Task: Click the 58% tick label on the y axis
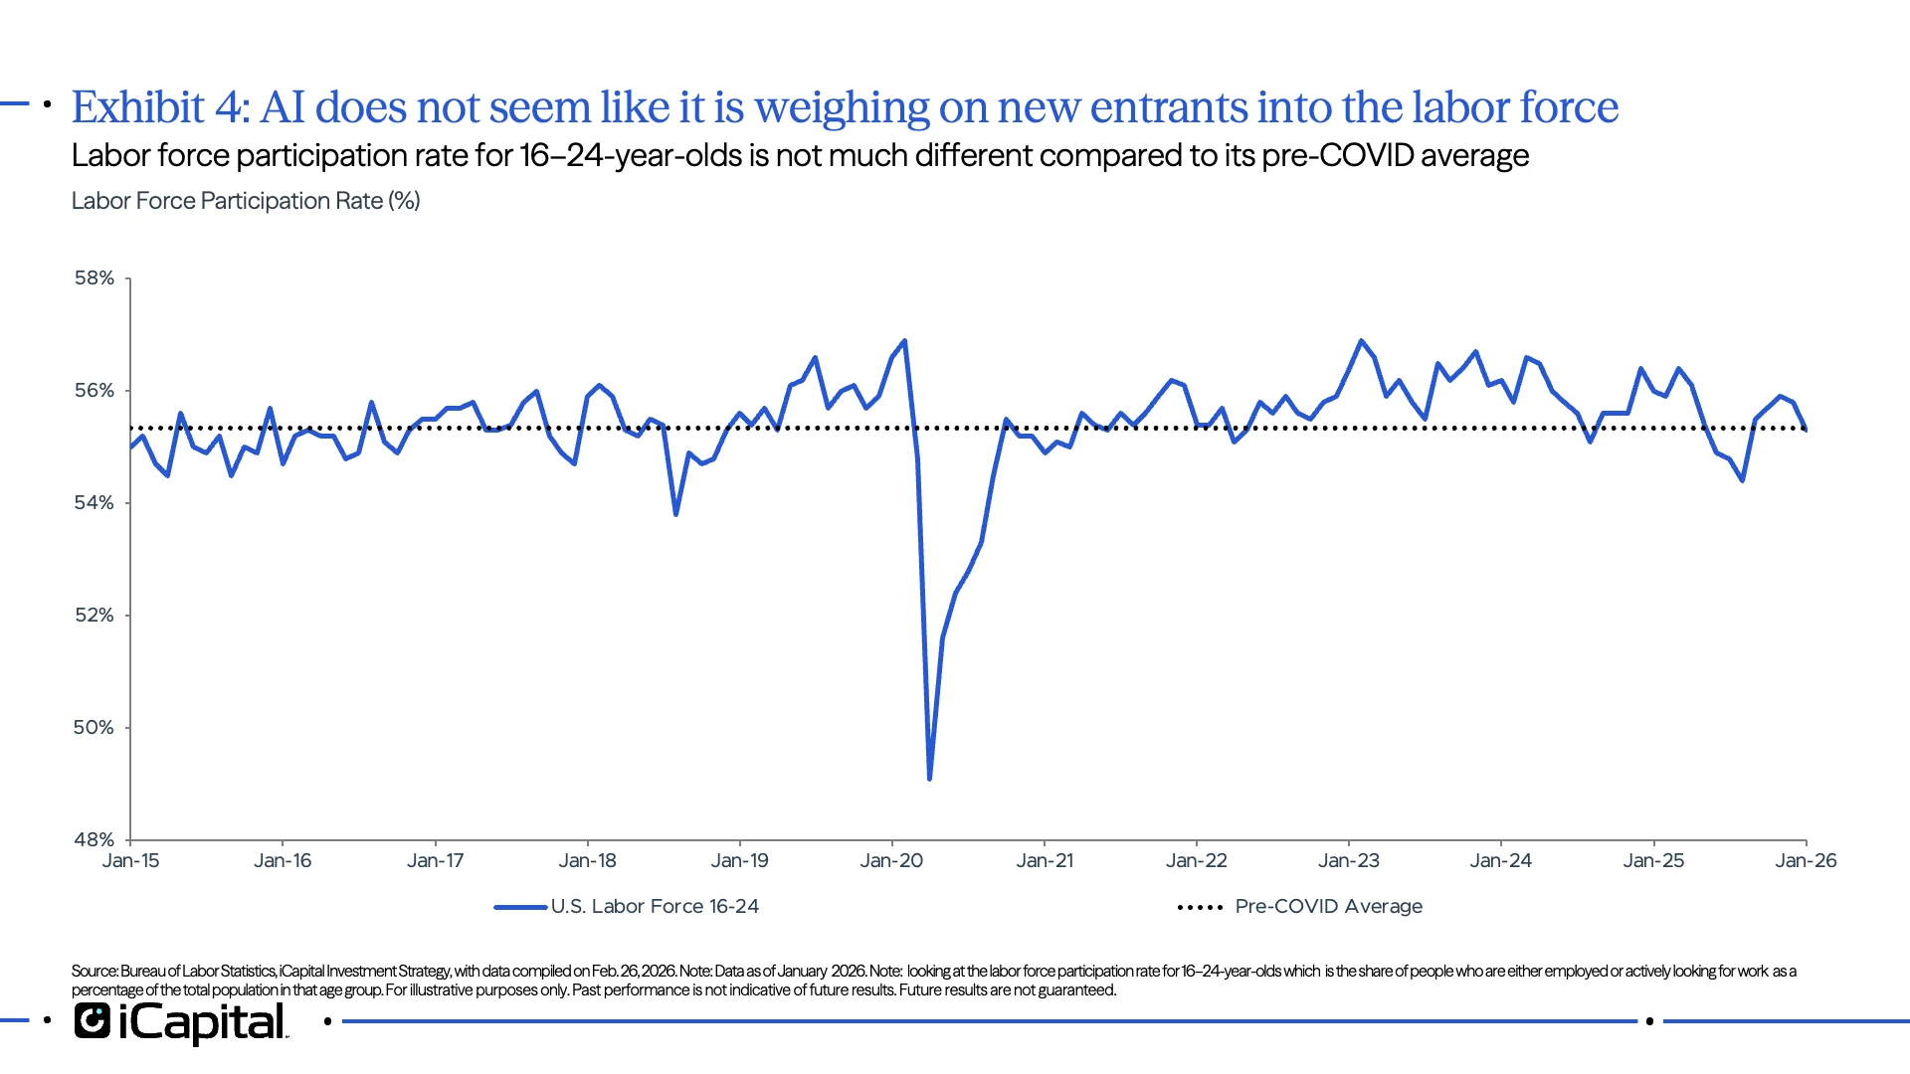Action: (x=94, y=278)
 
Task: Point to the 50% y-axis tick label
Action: (x=94, y=728)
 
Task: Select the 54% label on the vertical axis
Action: (x=94, y=503)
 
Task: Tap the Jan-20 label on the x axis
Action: (x=891, y=861)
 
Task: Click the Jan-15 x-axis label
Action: (x=130, y=861)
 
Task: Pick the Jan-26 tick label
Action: (x=1806, y=861)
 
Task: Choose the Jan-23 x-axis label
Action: (x=1348, y=861)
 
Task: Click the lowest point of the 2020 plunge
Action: (x=929, y=779)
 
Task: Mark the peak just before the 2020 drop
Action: (x=904, y=341)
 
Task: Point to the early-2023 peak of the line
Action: (x=1361, y=341)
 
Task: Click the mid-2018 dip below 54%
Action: (x=675, y=514)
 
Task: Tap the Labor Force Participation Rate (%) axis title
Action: (x=246, y=201)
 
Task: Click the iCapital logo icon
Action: (x=92, y=1021)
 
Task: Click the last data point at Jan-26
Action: (x=1806, y=430)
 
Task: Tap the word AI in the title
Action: (x=283, y=108)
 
